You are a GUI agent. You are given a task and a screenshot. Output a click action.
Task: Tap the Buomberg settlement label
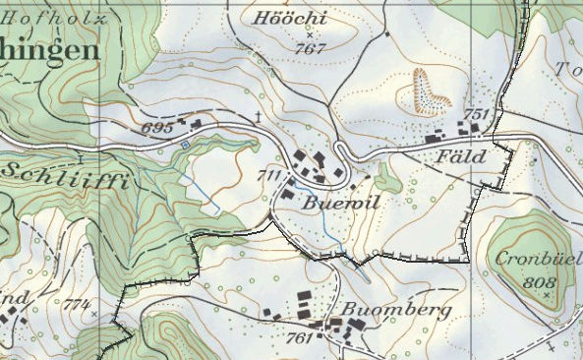click(395, 310)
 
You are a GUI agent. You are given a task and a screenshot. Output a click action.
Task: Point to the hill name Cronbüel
click(533, 262)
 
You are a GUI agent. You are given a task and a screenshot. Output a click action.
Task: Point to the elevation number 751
click(476, 115)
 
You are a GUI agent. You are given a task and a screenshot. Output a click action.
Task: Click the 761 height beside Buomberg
click(301, 337)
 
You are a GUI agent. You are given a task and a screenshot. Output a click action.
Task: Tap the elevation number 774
click(76, 305)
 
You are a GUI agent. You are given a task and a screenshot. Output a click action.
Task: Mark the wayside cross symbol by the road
click(259, 118)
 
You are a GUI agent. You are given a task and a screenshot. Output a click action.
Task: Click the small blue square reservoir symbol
click(184, 145)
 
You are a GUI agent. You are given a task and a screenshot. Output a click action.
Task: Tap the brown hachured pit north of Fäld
click(429, 90)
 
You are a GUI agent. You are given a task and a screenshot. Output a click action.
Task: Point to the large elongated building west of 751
click(436, 140)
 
